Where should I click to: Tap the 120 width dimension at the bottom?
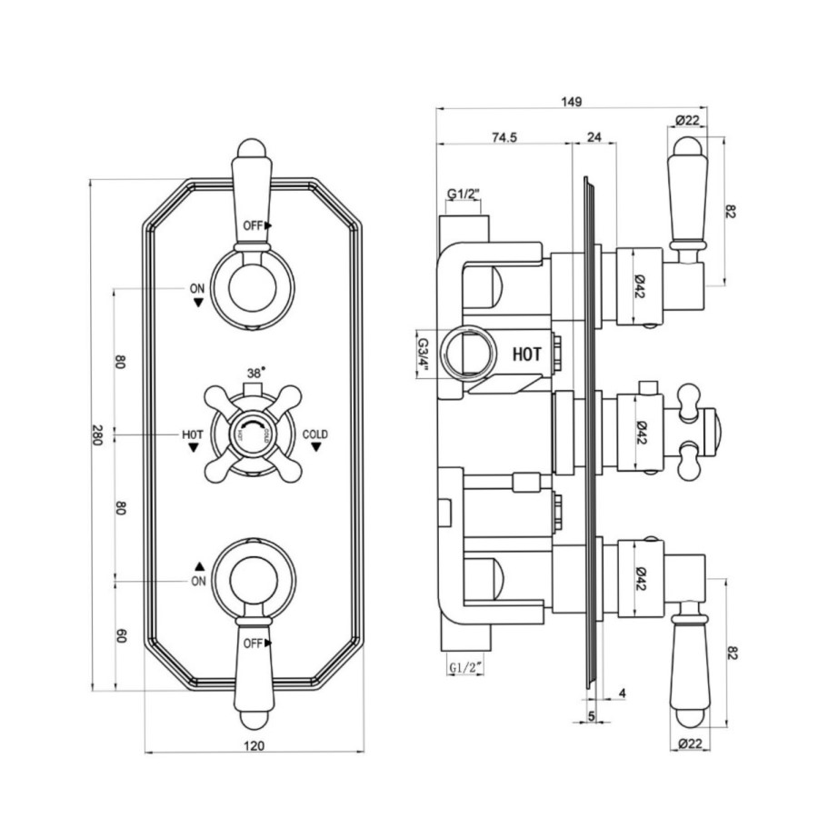[254, 746]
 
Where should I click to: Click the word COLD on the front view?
[315, 434]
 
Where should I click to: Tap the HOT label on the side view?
[529, 356]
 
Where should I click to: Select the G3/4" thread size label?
[423, 351]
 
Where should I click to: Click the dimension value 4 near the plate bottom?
[622, 693]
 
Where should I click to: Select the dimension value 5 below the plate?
[592, 716]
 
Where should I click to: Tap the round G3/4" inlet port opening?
[468, 352]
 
